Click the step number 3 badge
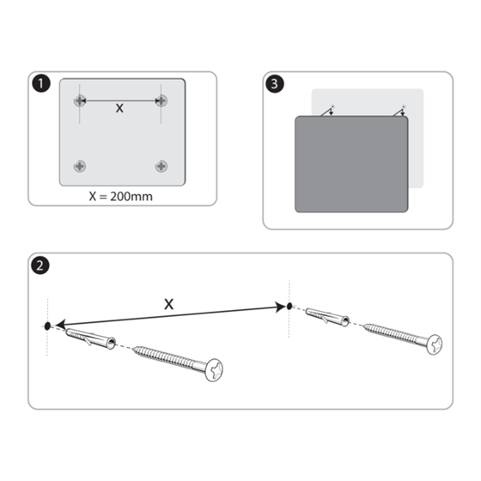click(x=273, y=84)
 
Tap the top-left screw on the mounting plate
click(x=79, y=101)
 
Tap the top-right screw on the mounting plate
click(x=161, y=101)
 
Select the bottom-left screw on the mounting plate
click(x=79, y=165)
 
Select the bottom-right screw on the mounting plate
click(x=161, y=165)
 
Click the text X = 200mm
click(x=120, y=195)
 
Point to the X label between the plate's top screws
click(x=119, y=109)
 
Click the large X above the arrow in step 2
click(x=168, y=303)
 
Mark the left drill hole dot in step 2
click(x=48, y=326)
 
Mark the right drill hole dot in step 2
click(x=289, y=306)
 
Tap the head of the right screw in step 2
click(x=435, y=344)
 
